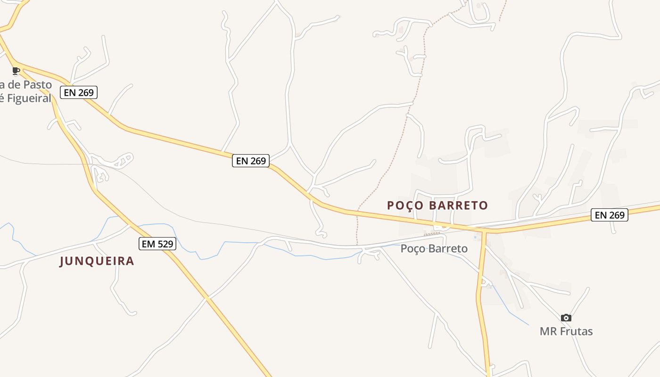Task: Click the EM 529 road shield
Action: tap(157, 244)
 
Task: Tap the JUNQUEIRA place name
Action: tap(97, 261)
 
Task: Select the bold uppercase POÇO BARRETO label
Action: tap(437, 205)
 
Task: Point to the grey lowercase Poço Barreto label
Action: tap(434, 248)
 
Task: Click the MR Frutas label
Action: tap(566, 331)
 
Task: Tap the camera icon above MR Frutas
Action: tap(566, 318)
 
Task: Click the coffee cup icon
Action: tap(16, 71)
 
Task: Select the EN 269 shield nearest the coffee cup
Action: tap(79, 92)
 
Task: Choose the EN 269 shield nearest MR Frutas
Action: tap(610, 215)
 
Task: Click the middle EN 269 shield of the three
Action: tap(251, 161)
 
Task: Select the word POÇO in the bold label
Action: tap(402, 205)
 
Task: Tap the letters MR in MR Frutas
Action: tap(547, 331)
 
